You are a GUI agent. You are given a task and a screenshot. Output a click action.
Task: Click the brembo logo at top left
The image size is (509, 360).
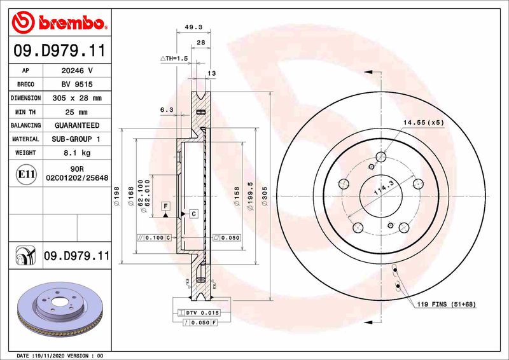coord(59,24)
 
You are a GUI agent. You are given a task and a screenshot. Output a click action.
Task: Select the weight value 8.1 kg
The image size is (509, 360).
coord(76,153)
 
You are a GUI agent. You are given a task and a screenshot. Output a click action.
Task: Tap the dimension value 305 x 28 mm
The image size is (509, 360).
coord(76,98)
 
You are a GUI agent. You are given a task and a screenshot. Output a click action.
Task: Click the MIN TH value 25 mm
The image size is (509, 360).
coord(76,112)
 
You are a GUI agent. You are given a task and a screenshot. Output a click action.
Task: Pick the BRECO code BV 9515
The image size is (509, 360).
coord(76,84)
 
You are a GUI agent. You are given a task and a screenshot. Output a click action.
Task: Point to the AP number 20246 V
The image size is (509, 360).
coord(76,70)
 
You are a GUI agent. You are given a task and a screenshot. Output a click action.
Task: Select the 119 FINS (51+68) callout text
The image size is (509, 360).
coord(445,305)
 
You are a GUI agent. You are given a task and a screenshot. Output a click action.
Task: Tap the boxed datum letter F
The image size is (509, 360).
coord(165,205)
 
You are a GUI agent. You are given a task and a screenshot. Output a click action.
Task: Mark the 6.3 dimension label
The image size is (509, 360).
coord(167,109)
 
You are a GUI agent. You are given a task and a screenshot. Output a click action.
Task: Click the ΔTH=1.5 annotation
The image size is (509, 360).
coord(174,59)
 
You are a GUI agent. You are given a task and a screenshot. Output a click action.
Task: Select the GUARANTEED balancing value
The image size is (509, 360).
coord(76,125)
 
